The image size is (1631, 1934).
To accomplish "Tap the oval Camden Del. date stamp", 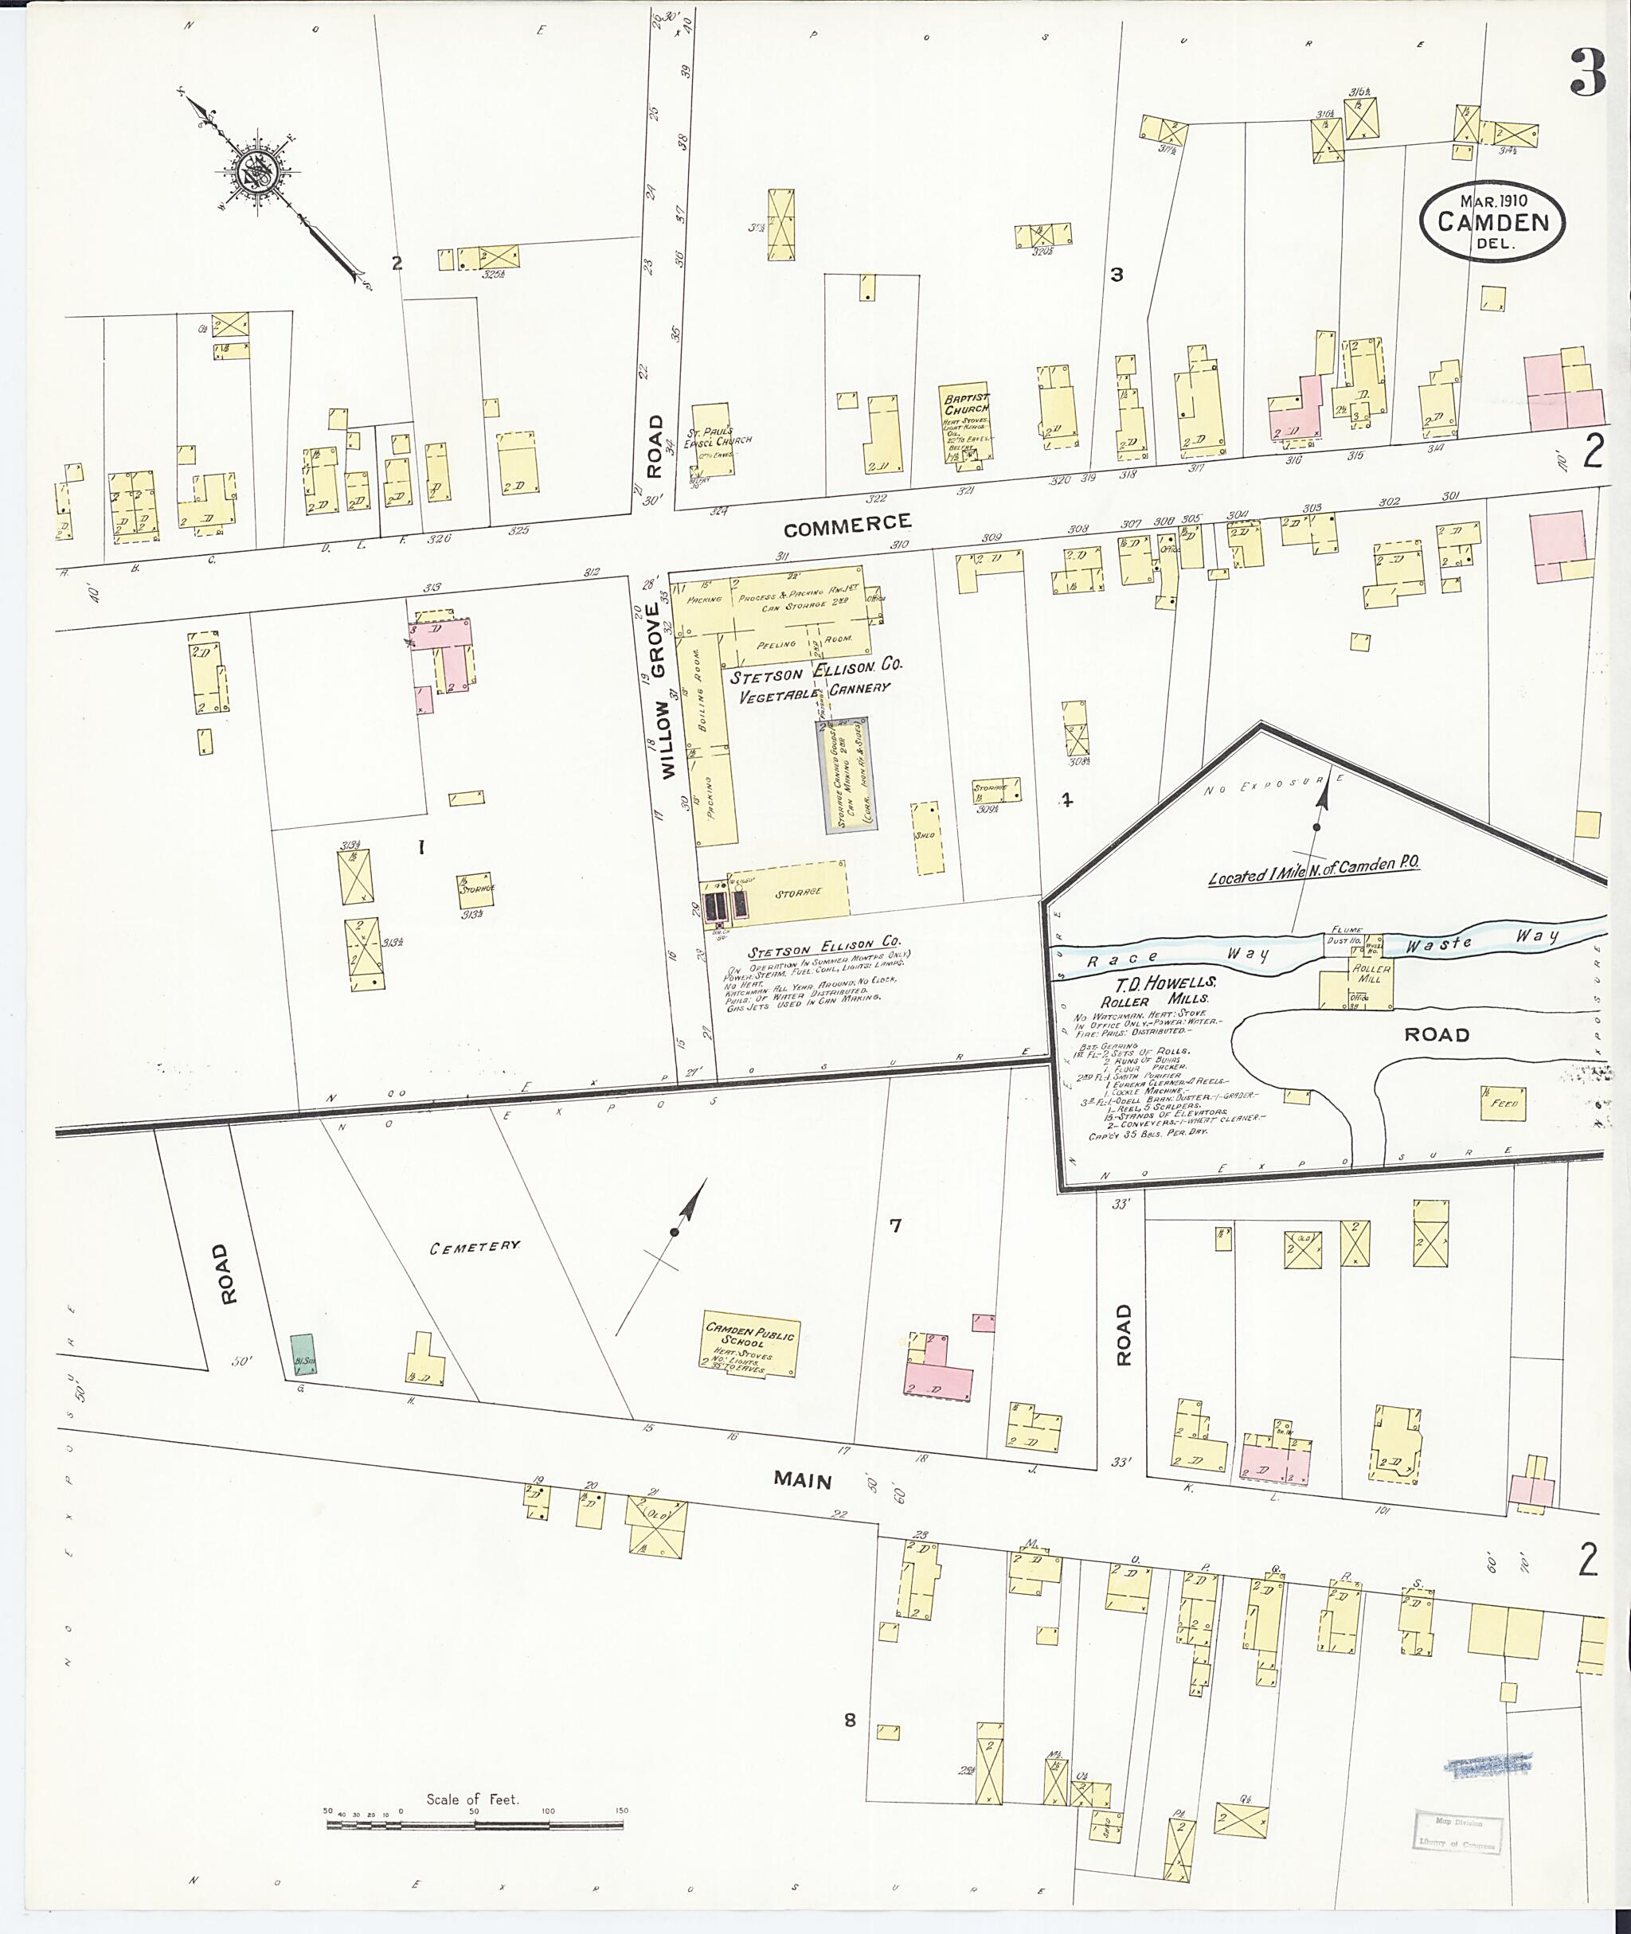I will pyautogui.click(x=1492, y=222).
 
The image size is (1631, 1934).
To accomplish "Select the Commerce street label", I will pyautogui.click(x=846, y=525).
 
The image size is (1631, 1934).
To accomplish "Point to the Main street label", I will pyautogui.click(x=802, y=1480).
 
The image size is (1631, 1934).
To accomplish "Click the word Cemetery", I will pyautogui.click(x=475, y=1247).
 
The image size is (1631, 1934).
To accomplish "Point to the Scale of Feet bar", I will pyautogui.click(x=473, y=1825).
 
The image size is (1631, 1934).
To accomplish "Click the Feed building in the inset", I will pyautogui.click(x=1500, y=1102).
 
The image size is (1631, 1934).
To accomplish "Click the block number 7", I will pyautogui.click(x=894, y=1226).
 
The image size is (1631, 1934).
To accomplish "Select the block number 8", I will pyautogui.click(x=850, y=1720).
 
